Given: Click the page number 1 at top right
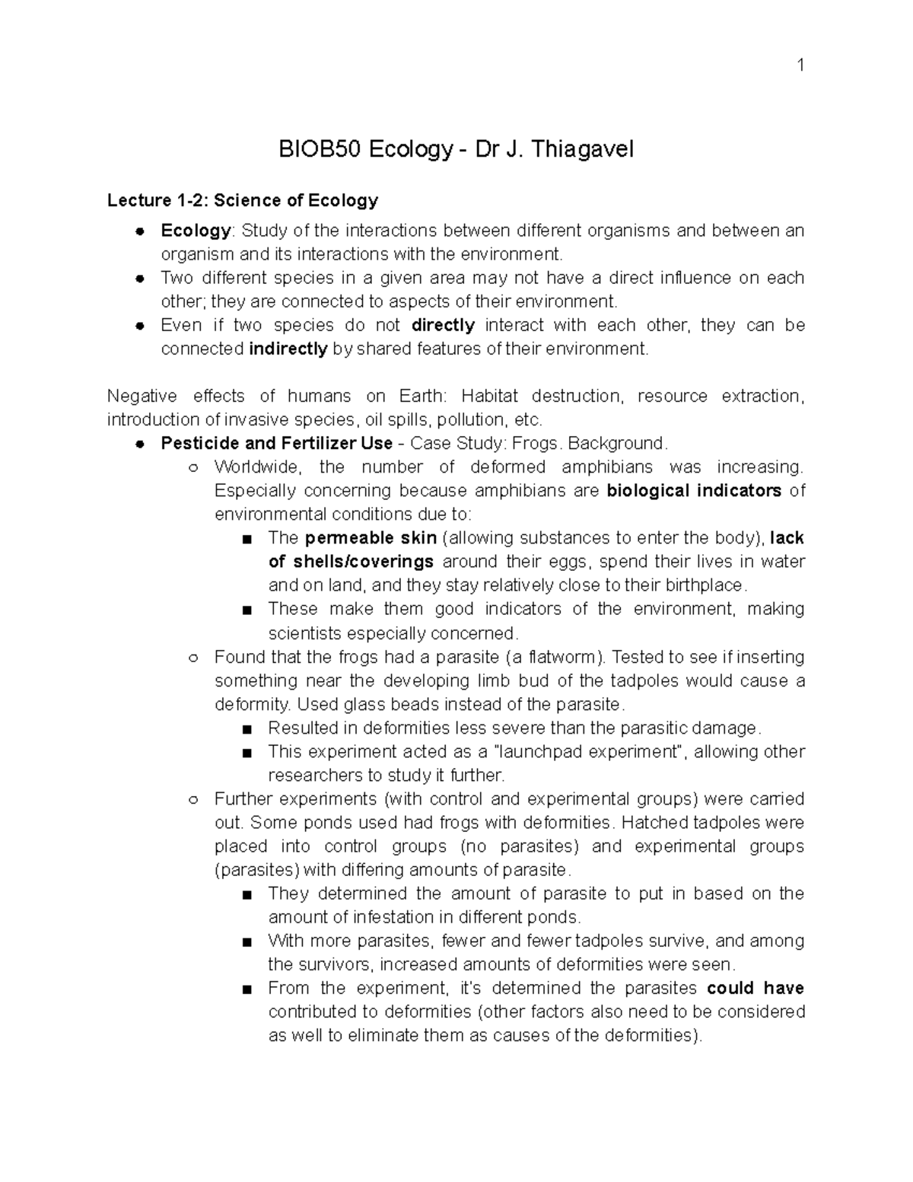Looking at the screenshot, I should pos(800,65).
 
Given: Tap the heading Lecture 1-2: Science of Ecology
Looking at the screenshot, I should pos(243,201).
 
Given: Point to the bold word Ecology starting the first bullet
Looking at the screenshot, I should pos(196,231).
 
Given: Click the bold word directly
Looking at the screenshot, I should pos(443,326).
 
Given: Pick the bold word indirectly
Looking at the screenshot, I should pos(288,349).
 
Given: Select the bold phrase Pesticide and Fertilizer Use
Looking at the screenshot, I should pos(276,444).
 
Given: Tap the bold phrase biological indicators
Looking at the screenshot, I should pos(694,491).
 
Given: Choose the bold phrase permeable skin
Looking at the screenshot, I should pos(371,538).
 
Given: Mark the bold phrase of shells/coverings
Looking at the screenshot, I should pos(351,562).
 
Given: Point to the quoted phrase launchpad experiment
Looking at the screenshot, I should pos(589,752).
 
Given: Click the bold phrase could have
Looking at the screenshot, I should pos(755,989).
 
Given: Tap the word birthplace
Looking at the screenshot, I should pos(705,585).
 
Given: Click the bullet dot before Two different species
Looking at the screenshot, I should pos(140,279).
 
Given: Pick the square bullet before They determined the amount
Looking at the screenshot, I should pos(246,895).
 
